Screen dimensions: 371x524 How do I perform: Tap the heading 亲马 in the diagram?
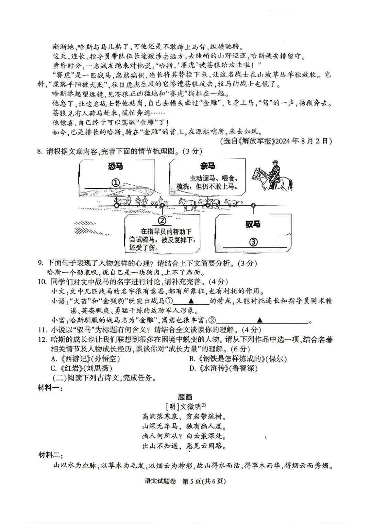[207, 166]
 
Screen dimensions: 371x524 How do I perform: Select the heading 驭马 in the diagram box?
[253, 224]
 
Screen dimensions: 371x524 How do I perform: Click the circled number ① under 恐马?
[116, 183]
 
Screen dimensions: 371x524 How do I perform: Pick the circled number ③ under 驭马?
[253, 242]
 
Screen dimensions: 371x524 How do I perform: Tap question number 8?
[40, 151]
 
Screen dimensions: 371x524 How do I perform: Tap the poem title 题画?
[185, 397]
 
